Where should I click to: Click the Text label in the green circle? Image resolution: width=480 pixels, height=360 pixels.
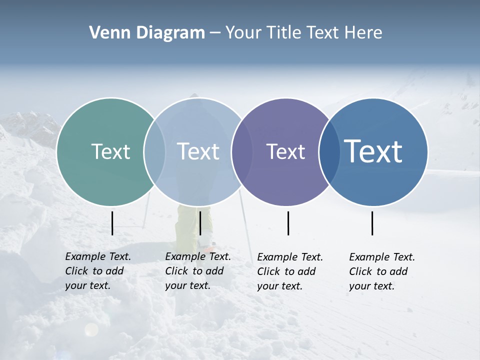tap(110, 151)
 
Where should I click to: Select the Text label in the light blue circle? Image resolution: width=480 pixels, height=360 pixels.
tap(198, 151)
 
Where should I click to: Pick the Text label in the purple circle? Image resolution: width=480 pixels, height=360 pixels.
tap(285, 151)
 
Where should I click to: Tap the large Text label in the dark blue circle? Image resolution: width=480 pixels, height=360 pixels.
tap(373, 151)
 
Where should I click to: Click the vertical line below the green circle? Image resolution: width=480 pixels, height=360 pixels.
tap(112, 223)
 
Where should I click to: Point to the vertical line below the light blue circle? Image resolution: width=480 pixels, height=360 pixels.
tap(200, 223)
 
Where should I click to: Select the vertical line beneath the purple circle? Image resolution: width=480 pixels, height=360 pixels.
tap(288, 223)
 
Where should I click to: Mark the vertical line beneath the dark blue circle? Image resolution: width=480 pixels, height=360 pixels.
tap(372, 223)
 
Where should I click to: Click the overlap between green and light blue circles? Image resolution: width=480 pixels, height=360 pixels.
tap(154, 151)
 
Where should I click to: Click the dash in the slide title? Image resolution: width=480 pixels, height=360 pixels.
tap(215, 33)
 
